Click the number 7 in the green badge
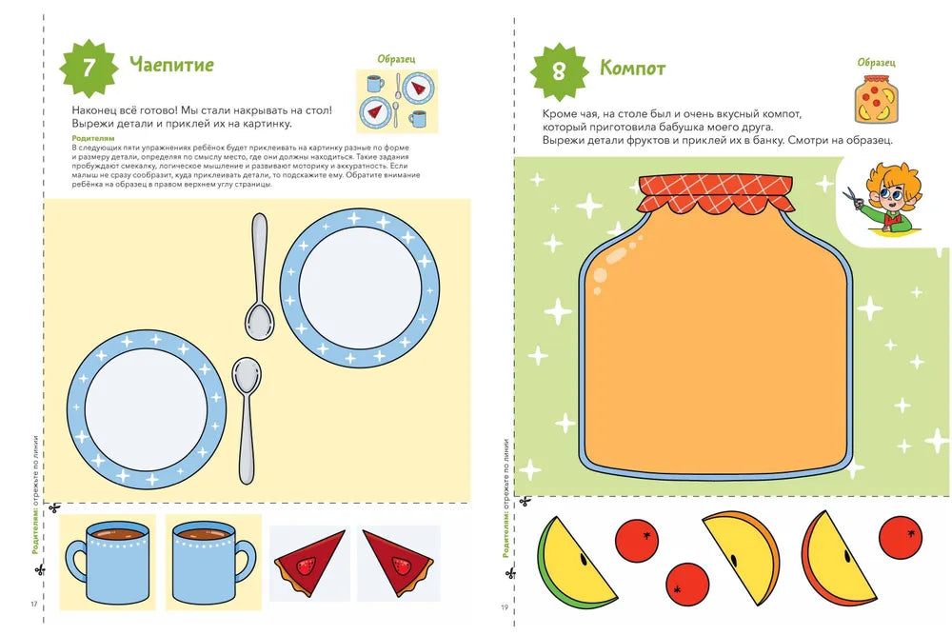pos(89,67)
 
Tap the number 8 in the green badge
pos(559,71)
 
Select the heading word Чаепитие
pos(171,65)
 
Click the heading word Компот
pos(633,68)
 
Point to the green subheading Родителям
pos(93,138)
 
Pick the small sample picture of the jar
pos(877,100)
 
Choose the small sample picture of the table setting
pos(396,101)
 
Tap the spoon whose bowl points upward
pos(247,420)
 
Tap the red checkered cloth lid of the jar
pos(716,195)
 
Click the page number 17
pos(34,604)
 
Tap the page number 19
pos(505,607)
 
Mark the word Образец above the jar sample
pos(876,63)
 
